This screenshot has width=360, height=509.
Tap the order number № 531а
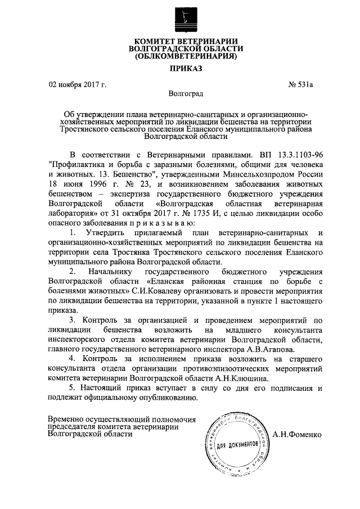[x=300, y=85]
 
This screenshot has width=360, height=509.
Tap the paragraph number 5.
[x=70, y=390]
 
